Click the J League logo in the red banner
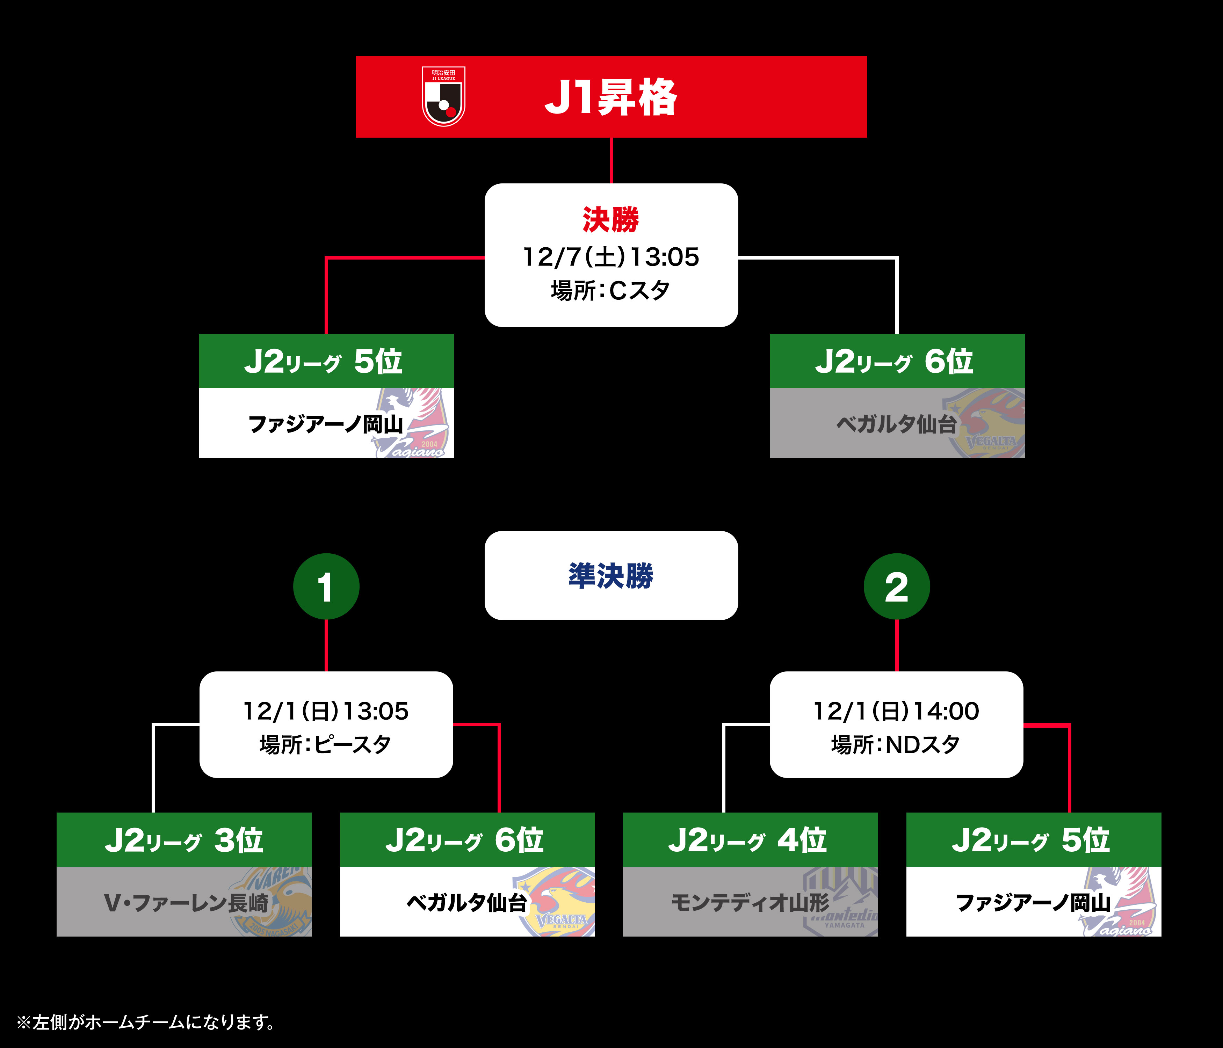click(x=444, y=96)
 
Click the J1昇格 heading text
click(x=611, y=97)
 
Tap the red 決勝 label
click(x=611, y=219)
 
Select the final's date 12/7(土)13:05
click(x=611, y=257)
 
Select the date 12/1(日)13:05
click(x=326, y=711)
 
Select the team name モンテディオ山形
click(x=750, y=903)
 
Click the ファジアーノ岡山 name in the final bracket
click(x=326, y=424)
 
